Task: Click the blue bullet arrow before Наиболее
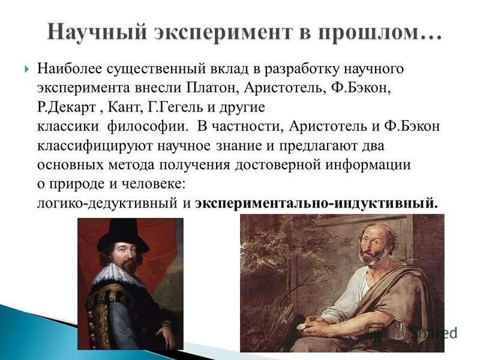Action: tap(26, 68)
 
